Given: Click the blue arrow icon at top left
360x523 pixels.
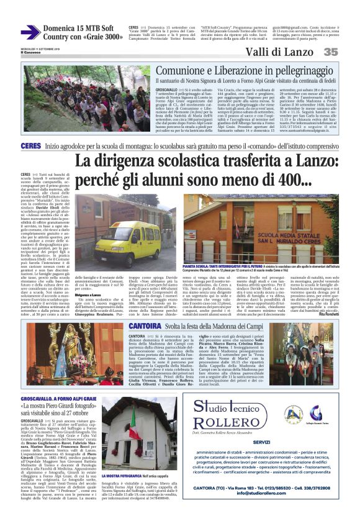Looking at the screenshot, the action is pos(30,32).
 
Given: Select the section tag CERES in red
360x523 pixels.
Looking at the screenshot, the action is pos(30,145).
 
